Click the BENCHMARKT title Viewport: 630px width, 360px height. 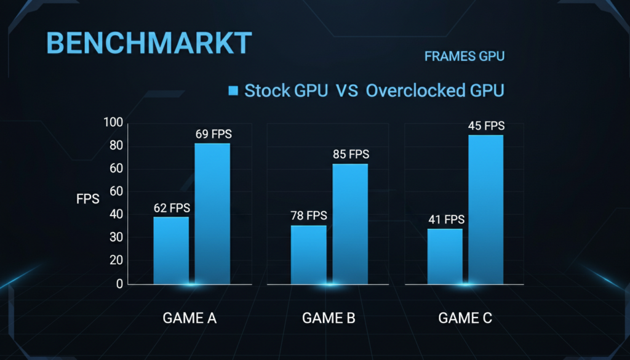pos(149,44)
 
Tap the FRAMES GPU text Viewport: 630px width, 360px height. pos(465,57)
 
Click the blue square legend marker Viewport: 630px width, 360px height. pos(233,91)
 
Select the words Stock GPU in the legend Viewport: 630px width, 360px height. pos(285,90)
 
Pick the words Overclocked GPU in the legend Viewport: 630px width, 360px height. pos(435,90)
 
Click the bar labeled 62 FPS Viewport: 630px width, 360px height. pos(171,250)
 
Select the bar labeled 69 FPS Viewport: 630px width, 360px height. pos(212,214)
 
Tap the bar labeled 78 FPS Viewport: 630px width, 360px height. pos(309,255)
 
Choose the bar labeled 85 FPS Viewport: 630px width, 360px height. pos(350,224)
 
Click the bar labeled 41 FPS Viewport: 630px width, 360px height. pos(445,257)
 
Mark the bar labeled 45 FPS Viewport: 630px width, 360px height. pos(486,210)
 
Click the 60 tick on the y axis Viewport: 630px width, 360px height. pos(116,169)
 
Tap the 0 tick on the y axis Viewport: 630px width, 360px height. pos(119,284)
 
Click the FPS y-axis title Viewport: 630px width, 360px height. pos(87,199)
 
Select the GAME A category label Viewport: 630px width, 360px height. pos(189,318)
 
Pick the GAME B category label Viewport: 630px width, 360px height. pos(329,318)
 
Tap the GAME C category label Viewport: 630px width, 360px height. pos(465,318)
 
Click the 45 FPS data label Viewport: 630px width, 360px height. pos(486,126)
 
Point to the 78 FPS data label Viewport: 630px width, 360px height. pos(308,216)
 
